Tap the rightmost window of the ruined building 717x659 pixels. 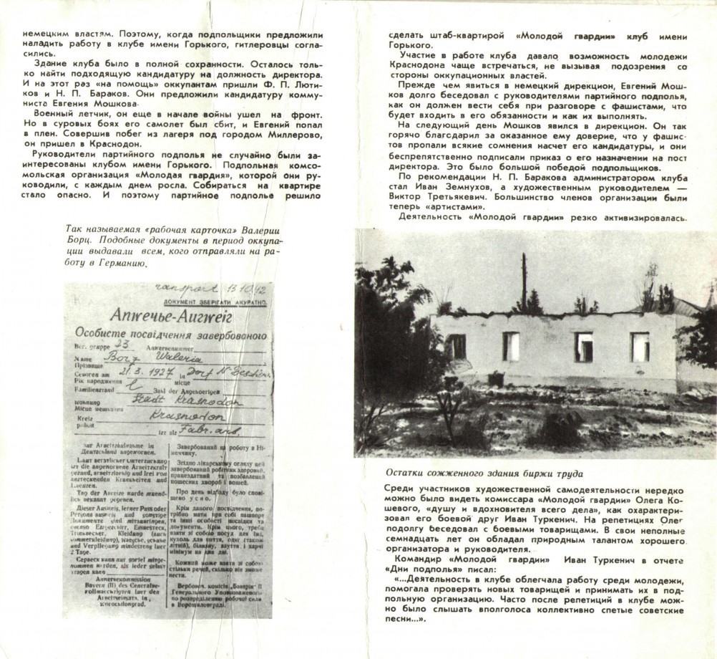click(x=640, y=347)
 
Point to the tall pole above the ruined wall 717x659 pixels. click(x=524, y=280)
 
